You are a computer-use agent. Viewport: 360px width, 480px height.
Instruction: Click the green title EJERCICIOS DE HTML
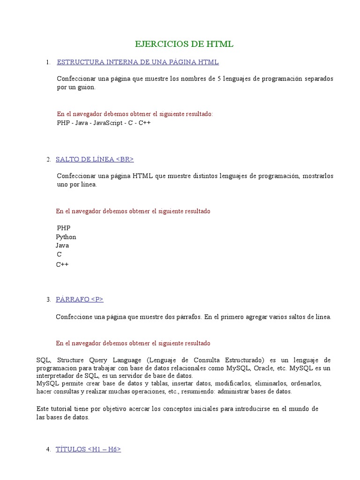pyautogui.click(x=184, y=45)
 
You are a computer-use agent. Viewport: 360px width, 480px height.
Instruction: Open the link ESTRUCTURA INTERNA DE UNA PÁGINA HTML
pyautogui.click(x=137, y=62)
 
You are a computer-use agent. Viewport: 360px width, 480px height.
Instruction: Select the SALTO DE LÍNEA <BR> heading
pyautogui.click(x=95, y=159)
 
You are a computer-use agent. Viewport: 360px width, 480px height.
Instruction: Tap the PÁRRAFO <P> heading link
pyautogui.click(x=79, y=299)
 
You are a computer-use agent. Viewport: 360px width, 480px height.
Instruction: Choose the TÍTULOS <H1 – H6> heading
pyautogui.click(x=88, y=449)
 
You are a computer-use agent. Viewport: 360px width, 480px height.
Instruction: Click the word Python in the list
pyautogui.click(x=66, y=237)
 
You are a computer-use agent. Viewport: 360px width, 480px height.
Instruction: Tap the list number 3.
pyautogui.click(x=49, y=300)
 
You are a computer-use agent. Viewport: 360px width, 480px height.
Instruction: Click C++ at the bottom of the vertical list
pyautogui.click(x=62, y=264)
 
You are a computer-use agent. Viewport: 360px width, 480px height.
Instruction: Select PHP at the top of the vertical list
pyautogui.click(x=63, y=228)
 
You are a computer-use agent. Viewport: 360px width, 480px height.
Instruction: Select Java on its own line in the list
pyautogui.click(x=62, y=245)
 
